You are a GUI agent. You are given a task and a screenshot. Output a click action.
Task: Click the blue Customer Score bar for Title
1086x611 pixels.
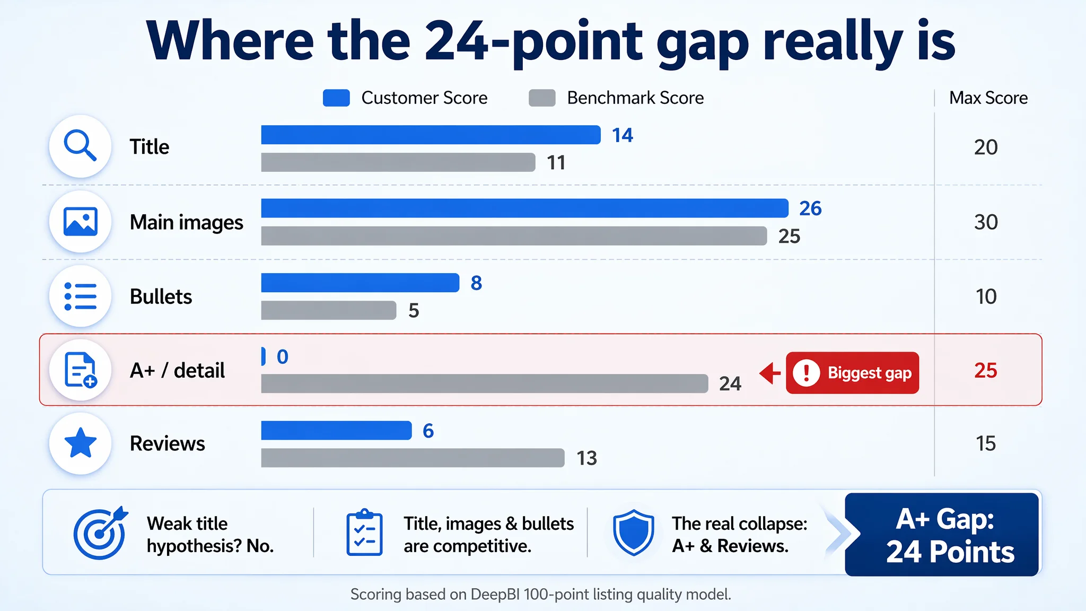pos(431,135)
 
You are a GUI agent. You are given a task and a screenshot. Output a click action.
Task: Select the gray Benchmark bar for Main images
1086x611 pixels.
pos(514,236)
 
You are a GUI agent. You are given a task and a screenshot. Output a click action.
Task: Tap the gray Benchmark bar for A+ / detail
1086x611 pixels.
pos(485,383)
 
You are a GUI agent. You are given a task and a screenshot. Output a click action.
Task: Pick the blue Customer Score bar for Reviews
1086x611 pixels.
pos(336,430)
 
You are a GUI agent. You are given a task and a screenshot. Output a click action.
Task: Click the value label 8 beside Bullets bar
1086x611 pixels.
pos(476,283)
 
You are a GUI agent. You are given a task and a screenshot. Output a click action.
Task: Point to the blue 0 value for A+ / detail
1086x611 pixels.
pos(283,356)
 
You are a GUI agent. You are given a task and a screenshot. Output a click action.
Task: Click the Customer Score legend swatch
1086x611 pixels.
pos(336,98)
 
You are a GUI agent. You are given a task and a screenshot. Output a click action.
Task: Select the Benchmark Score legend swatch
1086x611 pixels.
pos(542,98)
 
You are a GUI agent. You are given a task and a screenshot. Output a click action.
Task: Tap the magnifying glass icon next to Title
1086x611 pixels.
pos(80,146)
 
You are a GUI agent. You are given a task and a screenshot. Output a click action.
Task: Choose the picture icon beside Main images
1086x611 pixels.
pos(80,221)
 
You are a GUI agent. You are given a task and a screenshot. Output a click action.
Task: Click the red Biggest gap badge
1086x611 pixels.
pos(852,373)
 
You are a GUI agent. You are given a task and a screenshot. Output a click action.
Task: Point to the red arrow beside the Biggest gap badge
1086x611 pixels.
pos(770,373)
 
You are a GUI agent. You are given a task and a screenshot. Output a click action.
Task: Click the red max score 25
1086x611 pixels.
pos(986,370)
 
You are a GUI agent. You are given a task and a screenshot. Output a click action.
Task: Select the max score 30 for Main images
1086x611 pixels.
pos(986,222)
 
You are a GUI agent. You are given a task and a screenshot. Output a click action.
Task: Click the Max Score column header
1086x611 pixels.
pos(988,98)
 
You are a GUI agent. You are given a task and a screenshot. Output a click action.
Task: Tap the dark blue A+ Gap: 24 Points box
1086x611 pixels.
pos(942,535)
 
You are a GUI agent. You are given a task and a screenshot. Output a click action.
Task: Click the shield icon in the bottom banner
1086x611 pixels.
pos(633,533)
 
